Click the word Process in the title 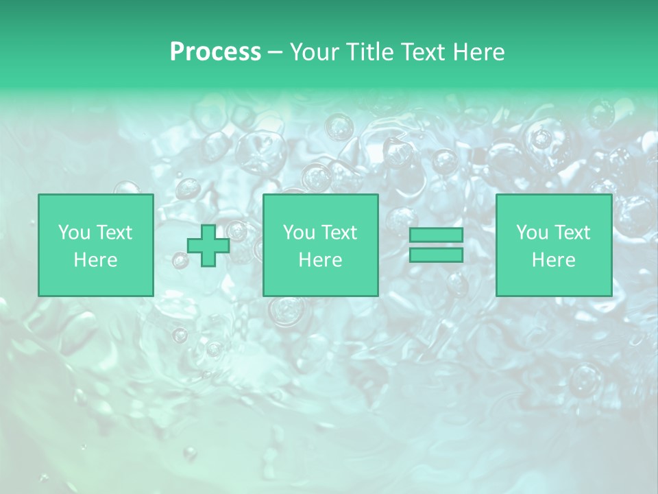click(x=215, y=52)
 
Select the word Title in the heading click(x=370, y=52)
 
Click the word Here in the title click(x=480, y=52)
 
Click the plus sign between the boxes click(x=208, y=246)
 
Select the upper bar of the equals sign click(x=436, y=235)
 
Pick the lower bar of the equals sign click(x=436, y=255)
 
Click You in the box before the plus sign click(x=73, y=233)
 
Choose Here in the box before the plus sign click(x=95, y=260)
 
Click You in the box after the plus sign click(x=298, y=233)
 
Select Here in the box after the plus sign click(x=320, y=260)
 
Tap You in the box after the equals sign click(x=531, y=233)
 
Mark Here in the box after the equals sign click(x=553, y=260)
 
